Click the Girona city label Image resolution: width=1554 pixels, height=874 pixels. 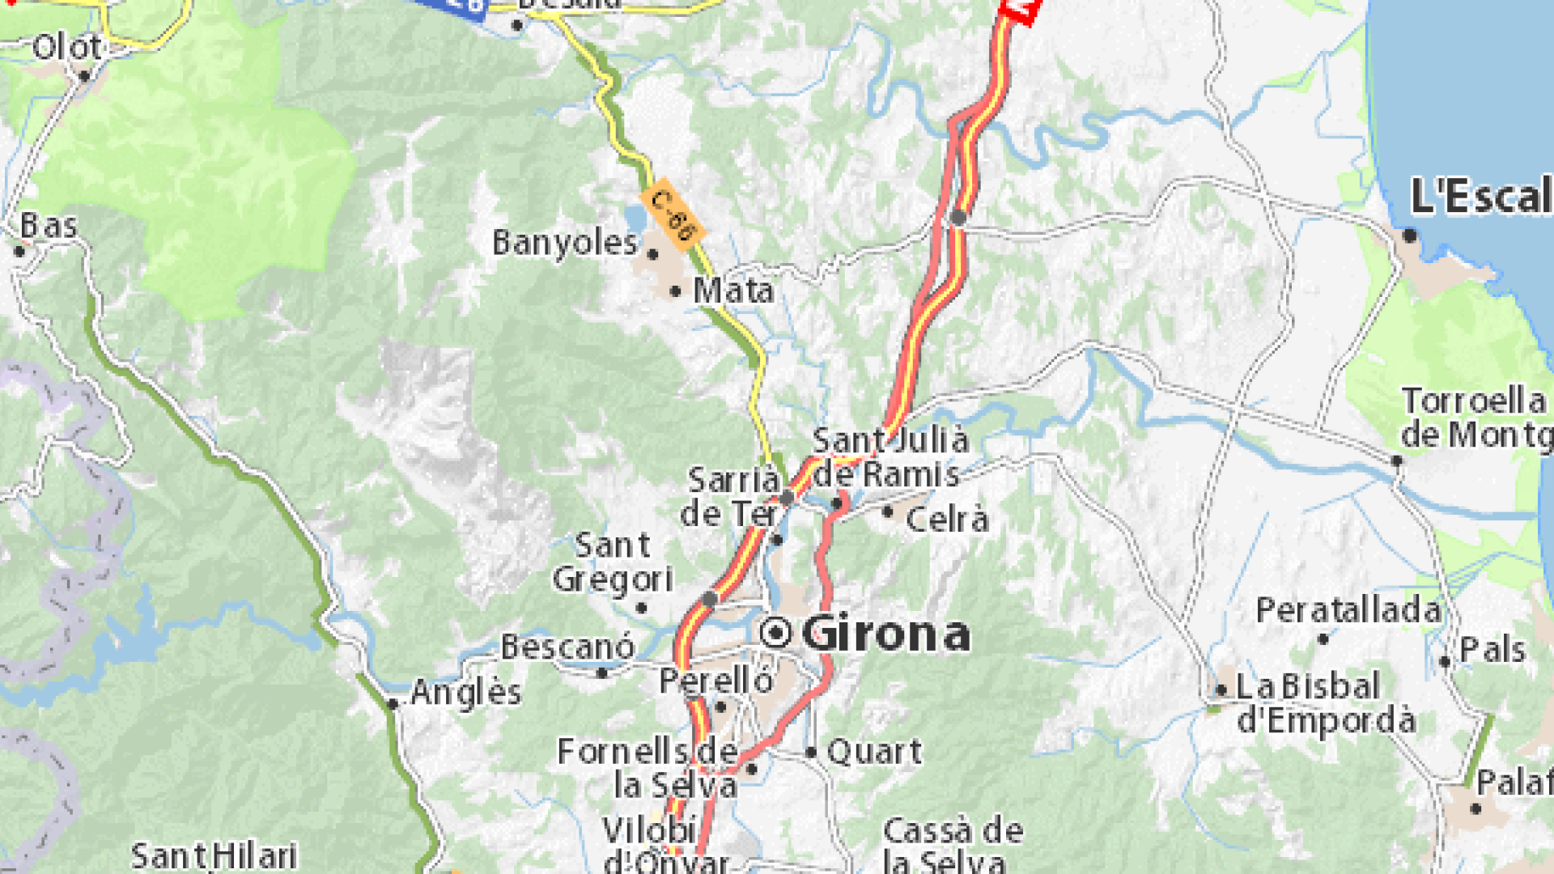point(885,633)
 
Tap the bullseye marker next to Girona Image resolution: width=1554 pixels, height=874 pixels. point(776,632)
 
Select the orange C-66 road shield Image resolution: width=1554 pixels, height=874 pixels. point(672,214)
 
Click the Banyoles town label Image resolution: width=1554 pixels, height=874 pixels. point(565,243)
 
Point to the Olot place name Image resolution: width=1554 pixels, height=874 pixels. point(67,47)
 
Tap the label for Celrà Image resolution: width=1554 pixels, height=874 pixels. point(947,520)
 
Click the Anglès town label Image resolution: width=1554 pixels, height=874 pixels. point(465,693)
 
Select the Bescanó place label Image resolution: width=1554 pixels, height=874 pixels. point(567,647)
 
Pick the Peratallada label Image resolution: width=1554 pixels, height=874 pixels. point(1348,610)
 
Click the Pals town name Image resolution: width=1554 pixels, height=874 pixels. point(1492,650)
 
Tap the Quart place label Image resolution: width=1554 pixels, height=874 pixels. point(874,752)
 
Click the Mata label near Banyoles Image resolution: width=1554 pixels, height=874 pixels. point(733,291)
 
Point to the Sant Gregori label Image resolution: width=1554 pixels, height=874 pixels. point(612,562)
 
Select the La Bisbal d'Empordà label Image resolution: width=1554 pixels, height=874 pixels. point(1326,703)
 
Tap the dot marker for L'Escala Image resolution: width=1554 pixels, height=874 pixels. point(1409,235)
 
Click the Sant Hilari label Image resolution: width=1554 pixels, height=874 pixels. point(214,856)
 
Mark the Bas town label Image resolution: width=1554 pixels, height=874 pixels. point(49,226)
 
